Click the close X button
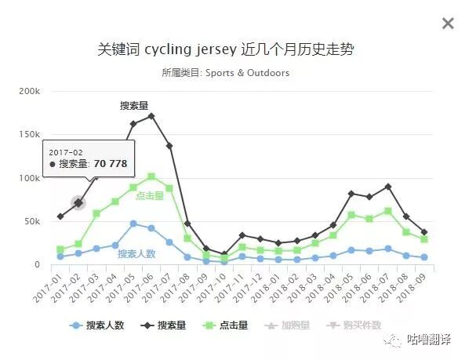pos(448,24)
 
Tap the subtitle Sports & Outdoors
pos(226,73)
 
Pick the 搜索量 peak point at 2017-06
pos(151,116)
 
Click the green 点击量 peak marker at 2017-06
pos(151,176)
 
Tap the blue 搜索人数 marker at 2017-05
pos(133,224)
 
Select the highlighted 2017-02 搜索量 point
pos(78,203)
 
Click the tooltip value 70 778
pos(111,164)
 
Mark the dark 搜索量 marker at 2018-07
pos(387,187)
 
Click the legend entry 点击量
pos(226,325)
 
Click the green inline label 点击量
pos(150,196)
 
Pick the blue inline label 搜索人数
pos(136,253)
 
